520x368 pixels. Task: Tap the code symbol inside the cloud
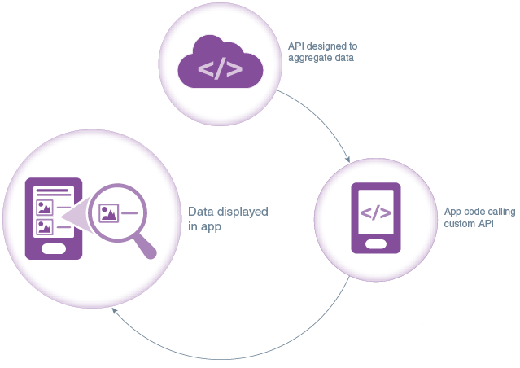(221, 69)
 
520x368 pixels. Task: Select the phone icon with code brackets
(376, 217)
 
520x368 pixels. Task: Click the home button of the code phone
(376, 243)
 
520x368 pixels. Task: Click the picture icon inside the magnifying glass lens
(108, 213)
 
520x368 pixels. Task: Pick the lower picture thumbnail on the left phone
(44, 226)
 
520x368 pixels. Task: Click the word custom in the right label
(460, 223)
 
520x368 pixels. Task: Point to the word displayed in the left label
(242, 212)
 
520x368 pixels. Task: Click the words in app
(205, 227)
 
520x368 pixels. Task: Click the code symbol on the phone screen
(376, 213)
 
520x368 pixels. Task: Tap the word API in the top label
(296, 46)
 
